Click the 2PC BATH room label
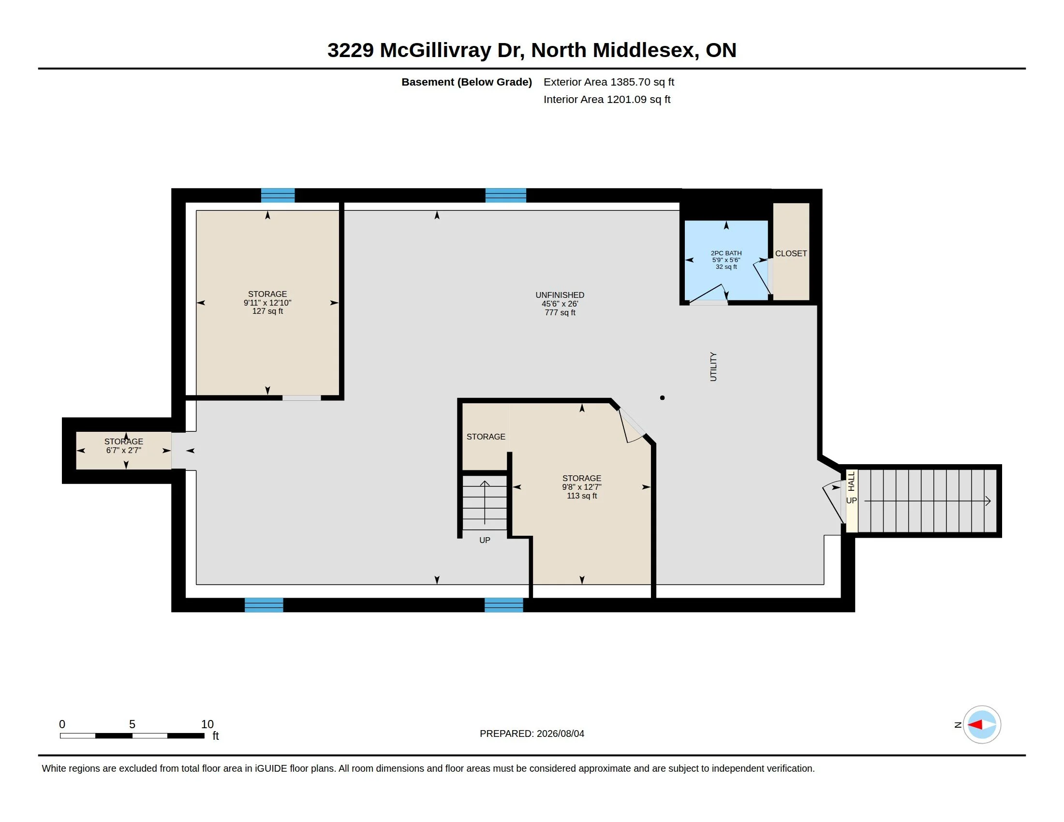[726, 260]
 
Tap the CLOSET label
[791, 253]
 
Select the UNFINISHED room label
[560, 303]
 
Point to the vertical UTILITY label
[713, 367]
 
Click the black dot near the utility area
[662, 398]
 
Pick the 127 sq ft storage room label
[267, 302]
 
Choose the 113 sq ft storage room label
[582, 486]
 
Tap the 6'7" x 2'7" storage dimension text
[124, 451]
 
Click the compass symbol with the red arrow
[982, 725]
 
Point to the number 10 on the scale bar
[207, 724]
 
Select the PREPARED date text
[532, 734]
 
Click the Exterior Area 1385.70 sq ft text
[608, 82]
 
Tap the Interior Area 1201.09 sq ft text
[607, 99]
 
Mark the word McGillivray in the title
[436, 50]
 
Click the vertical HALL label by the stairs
[851, 481]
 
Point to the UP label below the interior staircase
[485, 540]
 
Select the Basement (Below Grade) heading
[467, 82]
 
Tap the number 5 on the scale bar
[132, 724]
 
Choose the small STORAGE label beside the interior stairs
[486, 437]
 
